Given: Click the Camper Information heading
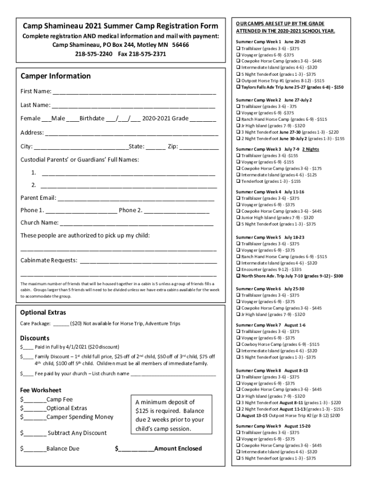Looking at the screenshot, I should pos(55,76).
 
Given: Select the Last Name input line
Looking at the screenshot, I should pos(133,105).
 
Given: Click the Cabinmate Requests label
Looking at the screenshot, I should pos(49,260).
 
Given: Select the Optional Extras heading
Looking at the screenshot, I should pos(43,313).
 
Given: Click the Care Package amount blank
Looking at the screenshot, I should pos(61,324).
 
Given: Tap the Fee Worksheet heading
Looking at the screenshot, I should pos(40,390).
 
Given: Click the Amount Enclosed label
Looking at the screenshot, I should pos(178,449).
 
